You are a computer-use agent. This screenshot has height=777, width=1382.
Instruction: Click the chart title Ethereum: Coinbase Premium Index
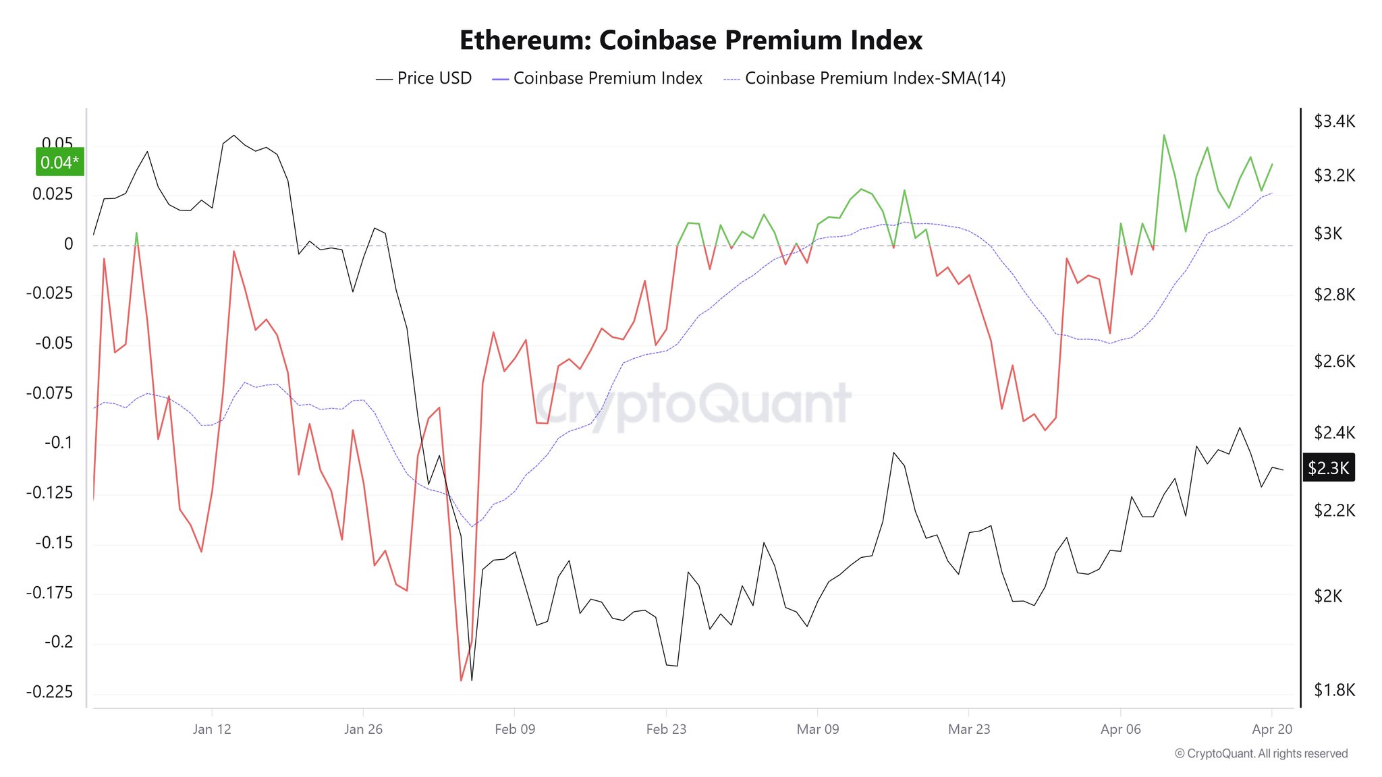(x=690, y=40)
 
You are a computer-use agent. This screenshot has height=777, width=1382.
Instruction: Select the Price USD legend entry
(x=424, y=78)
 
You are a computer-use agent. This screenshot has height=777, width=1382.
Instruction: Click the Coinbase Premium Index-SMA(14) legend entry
(x=864, y=78)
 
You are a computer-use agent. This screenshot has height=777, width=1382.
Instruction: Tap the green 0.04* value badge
(x=59, y=162)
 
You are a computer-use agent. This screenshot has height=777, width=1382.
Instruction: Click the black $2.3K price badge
(x=1328, y=467)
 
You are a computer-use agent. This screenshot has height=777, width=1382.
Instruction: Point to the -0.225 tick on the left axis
(x=49, y=691)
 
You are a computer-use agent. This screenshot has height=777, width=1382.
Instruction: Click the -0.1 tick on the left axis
(x=58, y=442)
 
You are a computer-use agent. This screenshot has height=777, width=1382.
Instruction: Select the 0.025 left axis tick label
(x=53, y=194)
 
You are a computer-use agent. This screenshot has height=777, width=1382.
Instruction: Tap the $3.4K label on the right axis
(x=1334, y=121)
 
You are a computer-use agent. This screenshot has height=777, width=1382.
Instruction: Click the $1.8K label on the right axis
(x=1334, y=690)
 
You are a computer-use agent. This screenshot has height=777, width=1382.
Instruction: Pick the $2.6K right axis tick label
(x=1334, y=361)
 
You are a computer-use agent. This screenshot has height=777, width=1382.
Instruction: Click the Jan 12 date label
(x=212, y=729)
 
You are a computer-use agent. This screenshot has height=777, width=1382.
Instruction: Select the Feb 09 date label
(x=514, y=729)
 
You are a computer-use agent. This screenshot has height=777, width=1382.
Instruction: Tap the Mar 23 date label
(x=969, y=729)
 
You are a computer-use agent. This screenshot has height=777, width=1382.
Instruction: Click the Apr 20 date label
(x=1272, y=729)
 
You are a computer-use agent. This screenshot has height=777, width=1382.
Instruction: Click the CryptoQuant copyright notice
(x=1261, y=753)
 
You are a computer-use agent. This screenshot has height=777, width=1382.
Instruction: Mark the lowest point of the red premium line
(x=461, y=680)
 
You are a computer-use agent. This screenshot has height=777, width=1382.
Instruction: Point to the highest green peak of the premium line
(x=1164, y=135)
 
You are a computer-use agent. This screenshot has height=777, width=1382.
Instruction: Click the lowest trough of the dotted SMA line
(x=472, y=527)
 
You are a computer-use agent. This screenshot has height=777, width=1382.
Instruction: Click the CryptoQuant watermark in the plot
(x=693, y=403)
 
